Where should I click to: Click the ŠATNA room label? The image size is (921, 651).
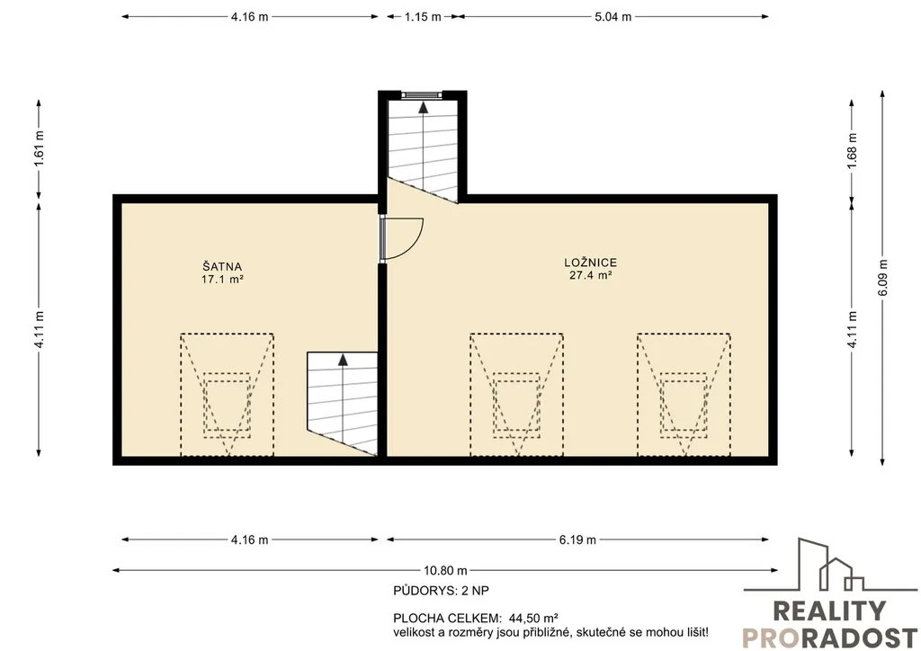[223, 267]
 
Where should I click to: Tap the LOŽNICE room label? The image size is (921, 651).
[590, 263]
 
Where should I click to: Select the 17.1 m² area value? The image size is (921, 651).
[223, 280]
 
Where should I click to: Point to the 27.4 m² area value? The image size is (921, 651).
[591, 275]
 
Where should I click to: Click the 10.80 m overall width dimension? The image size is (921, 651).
[446, 570]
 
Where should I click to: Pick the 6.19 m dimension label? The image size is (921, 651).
[577, 540]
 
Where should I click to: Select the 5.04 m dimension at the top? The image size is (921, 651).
[613, 16]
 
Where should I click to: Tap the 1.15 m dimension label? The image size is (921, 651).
[423, 16]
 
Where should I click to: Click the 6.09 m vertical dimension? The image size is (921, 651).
[883, 278]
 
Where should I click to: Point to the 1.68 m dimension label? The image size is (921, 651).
[853, 150]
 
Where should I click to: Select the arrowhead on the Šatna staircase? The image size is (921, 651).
[343, 360]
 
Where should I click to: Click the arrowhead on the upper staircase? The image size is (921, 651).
[423, 106]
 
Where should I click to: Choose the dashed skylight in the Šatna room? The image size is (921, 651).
[227, 395]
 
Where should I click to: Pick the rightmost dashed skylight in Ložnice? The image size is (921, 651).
[684, 395]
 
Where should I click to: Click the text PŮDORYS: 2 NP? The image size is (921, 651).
[441, 591]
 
